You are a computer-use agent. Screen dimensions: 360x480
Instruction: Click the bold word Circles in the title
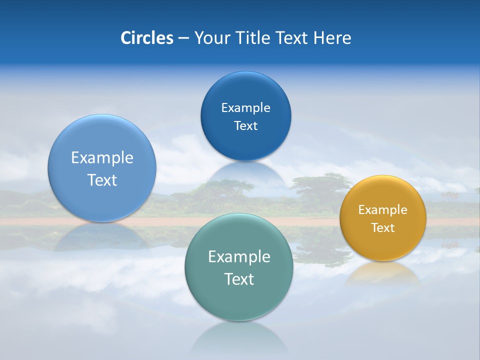click(x=147, y=38)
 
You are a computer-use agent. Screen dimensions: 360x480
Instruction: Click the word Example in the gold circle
click(x=383, y=210)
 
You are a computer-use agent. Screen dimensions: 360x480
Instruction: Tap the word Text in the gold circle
click(x=383, y=228)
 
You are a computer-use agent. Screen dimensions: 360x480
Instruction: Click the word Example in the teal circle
click(x=239, y=257)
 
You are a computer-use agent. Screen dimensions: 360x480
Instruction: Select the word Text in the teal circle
click(x=239, y=279)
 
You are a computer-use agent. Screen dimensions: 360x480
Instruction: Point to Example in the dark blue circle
click(x=245, y=108)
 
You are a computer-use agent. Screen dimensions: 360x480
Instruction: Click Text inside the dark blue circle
click(x=245, y=126)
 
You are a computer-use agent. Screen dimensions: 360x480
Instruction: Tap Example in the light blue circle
click(x=102, y=158)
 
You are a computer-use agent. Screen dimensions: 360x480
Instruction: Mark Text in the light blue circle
click(x=102, y=180)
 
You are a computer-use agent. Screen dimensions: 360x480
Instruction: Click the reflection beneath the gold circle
click(x=383, y=273)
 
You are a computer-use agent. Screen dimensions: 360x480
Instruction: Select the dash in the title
click(x=183, y=38)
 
